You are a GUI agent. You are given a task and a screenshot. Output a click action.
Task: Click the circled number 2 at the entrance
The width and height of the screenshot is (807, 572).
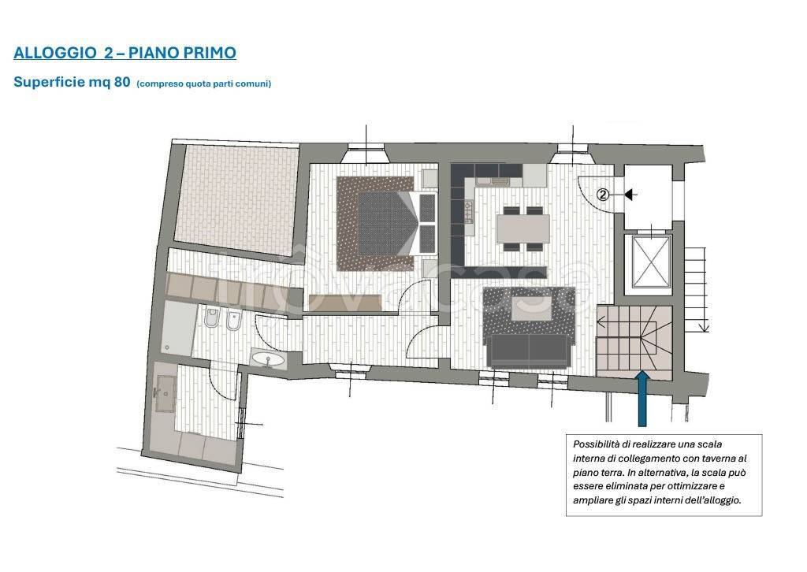click(x=603, y=195)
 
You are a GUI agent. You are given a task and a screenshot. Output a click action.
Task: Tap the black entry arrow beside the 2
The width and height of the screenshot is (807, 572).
click(x=630, y=195)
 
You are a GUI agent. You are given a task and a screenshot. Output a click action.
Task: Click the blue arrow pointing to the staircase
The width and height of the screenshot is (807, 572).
click(x=642, y=399)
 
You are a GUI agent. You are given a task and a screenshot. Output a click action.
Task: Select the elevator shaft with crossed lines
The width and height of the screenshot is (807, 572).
click(x=652, y=262)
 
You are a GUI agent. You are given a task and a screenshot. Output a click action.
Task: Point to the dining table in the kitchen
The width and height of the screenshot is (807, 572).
click(x=523, y=228)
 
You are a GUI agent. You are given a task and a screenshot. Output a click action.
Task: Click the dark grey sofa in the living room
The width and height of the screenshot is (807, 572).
click(x=529, y=350)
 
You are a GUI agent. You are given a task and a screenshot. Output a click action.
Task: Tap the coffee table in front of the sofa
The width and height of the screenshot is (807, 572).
click(x=532, y=307)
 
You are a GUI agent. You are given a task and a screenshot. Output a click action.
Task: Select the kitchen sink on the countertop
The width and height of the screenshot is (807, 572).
click(x=492, y=181)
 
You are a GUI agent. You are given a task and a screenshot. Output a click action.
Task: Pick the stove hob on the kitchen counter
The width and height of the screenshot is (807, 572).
click(x=468, y=211)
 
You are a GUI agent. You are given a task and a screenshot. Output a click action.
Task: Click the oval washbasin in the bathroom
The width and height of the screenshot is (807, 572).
click(x=268, y=358)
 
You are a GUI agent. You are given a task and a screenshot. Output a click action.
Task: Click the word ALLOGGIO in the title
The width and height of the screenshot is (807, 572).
click(x=55, y=53)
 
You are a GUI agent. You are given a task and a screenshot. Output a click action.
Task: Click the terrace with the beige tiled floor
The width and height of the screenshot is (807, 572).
click(x=236, y=199)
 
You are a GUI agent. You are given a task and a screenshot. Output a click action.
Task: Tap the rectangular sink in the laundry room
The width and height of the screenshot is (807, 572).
click(x=166, y=393)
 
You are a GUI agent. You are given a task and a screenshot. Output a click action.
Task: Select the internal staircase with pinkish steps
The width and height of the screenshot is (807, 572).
click(x=634, y=343)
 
